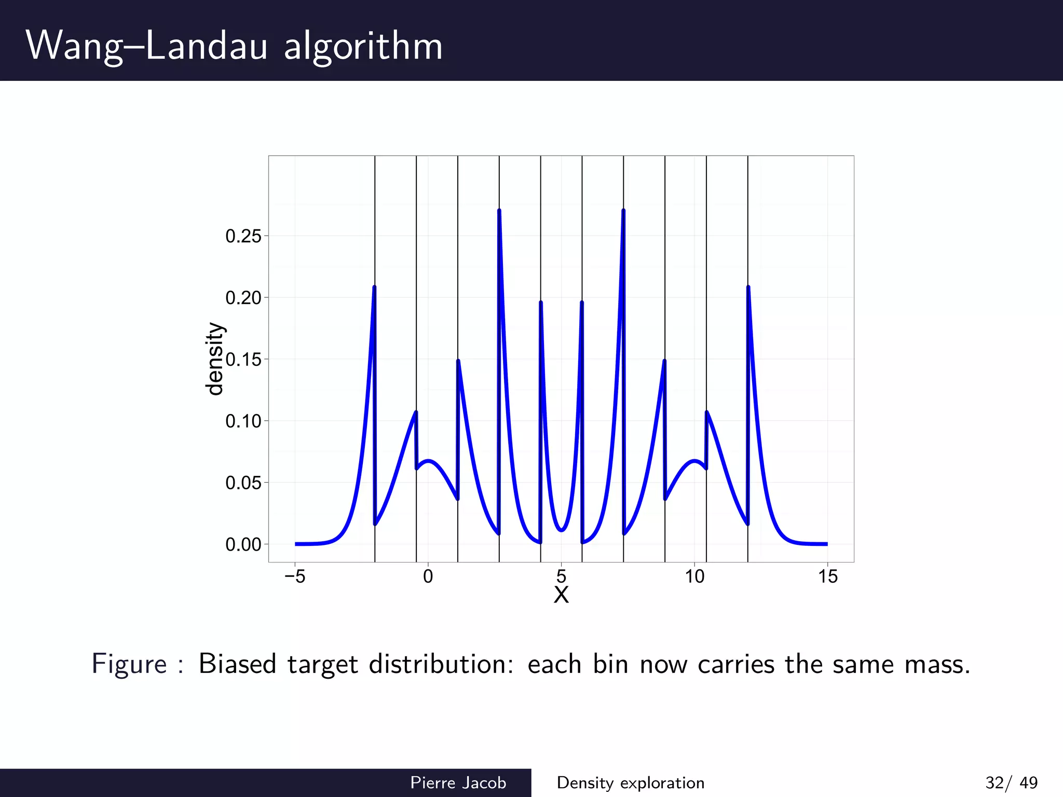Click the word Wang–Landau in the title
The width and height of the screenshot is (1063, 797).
(x=147, y=46)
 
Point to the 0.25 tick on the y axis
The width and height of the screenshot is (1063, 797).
(x=243, y=237)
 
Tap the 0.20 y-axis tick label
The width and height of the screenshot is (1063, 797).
(x=243, y=298)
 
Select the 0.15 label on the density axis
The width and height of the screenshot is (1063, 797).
(x=243, y=359)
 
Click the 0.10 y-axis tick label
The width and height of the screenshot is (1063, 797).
(x=243, y=421)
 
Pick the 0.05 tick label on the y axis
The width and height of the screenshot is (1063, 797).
(x=243, y=483)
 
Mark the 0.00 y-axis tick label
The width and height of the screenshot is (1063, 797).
(x=243, y=544)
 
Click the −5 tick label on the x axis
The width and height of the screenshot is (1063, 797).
(x=295, y=576)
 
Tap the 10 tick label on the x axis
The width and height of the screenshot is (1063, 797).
(x=694, y=576)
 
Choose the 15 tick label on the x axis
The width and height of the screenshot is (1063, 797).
(x=828, y=576)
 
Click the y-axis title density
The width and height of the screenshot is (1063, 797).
(x=214, y=359)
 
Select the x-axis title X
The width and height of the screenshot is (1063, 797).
(x=561, y=595)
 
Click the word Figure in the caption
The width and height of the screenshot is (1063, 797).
(x=129, y=664)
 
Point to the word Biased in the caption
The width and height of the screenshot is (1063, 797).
(x=237, y=664)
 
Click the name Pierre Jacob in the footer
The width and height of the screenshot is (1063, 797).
(x=458, y=782)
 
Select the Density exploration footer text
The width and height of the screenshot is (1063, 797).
(x=630, y=782)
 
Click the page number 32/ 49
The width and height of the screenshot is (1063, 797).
(x=1011, y=782)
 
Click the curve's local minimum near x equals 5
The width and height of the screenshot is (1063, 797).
(x=561, y=530)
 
